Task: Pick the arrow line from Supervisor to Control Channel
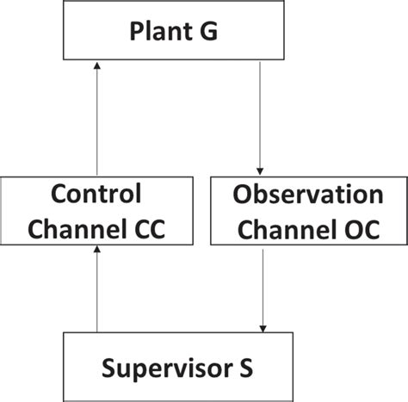pos(96,293)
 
